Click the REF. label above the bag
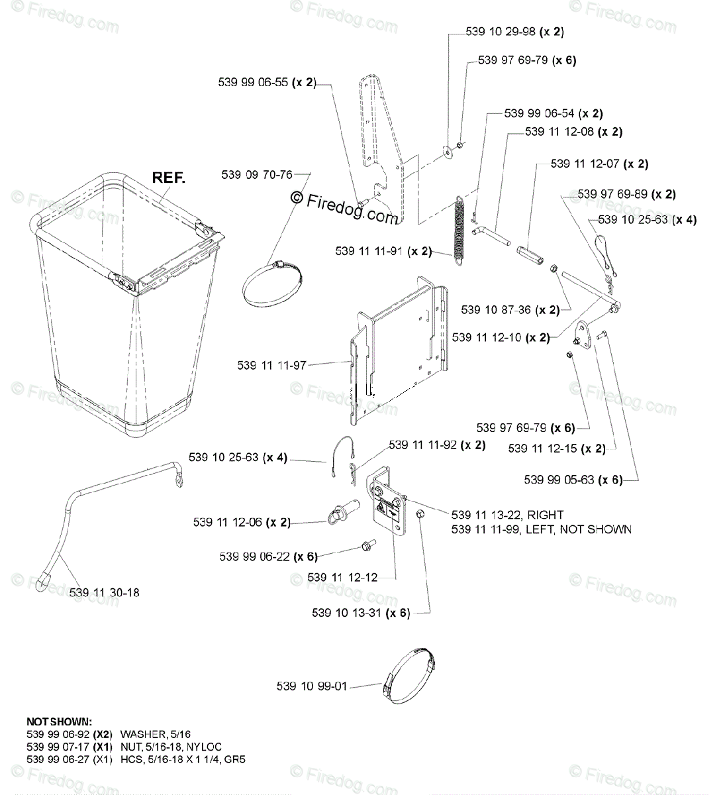tap(169, 178)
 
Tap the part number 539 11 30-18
tap(105, 592)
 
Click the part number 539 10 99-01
tap(311, 686)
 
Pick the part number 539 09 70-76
tap(257, 175)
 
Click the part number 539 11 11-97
tap(272, 365)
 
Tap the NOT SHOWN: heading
tap(60, 721)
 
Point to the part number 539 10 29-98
tap(502, 31)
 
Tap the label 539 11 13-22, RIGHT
tap(507, 515)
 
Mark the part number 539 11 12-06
tap(229, 522)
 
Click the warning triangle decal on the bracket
tap(383, 509)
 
